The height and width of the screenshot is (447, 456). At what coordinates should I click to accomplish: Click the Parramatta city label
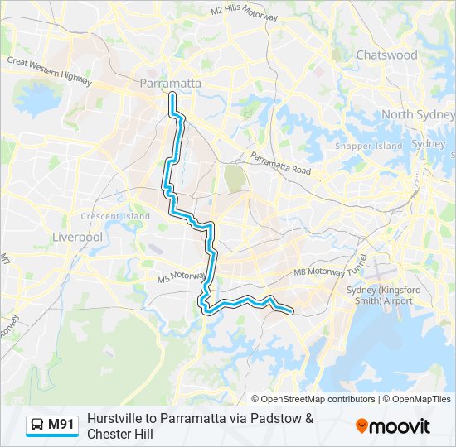pyautogui.click(x=171, y=84)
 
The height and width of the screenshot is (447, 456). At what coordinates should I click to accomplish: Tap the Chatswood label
pyautogui.click(x=386, y=55)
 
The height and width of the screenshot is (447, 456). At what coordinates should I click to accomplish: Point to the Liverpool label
pyautogui.click(x=77, y=237)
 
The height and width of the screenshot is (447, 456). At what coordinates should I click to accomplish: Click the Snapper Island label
pyautogui.click(x=369, y=146)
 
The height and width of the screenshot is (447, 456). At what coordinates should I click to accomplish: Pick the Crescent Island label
pyautogui.click(x=115, y=216)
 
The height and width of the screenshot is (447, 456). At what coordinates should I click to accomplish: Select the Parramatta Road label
pyautogui.click(x=280, y=164)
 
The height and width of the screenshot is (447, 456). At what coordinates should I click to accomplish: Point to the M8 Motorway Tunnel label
pyautogui.click(x=331, y=272)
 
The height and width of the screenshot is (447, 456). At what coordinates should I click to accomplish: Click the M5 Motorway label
pyautogui.click(x=180, y=276)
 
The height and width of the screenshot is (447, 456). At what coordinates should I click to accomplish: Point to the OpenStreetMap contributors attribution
pyautogui.click(x=318, y=399)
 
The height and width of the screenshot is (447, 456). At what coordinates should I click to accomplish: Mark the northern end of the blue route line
pyautogui.click(x=172, y=96)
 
